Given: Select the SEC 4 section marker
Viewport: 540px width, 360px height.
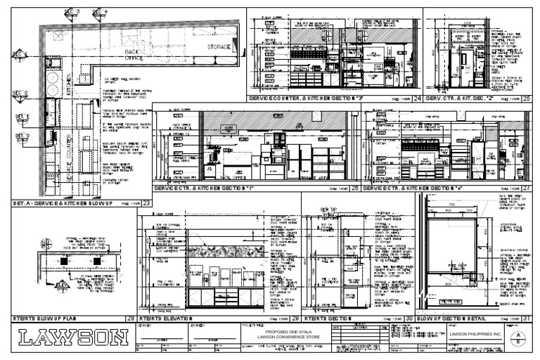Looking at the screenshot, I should pyautogui.click(x=100, y=12).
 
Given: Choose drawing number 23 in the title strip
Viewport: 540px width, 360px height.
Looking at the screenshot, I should pyautogui.click(x=146, y=203).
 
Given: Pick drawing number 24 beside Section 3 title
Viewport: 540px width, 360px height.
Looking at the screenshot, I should pyautogui.click(x=417, y=98).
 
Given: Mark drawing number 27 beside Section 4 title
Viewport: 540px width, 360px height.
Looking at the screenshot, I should pyautogui.click(x=526, y=188).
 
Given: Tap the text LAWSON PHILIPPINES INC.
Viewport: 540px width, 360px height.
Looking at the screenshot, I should pyautogui.click(x=476, y=335).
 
